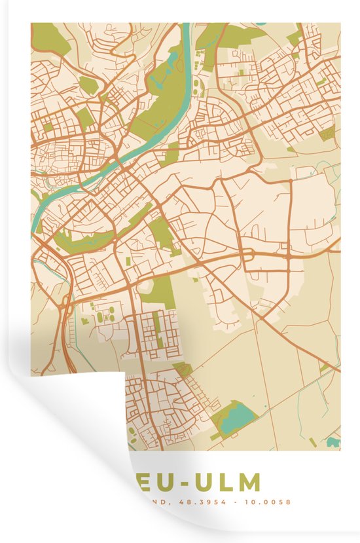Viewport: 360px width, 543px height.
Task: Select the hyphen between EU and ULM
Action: (181, 483)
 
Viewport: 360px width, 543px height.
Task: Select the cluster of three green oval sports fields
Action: (103, 319)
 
